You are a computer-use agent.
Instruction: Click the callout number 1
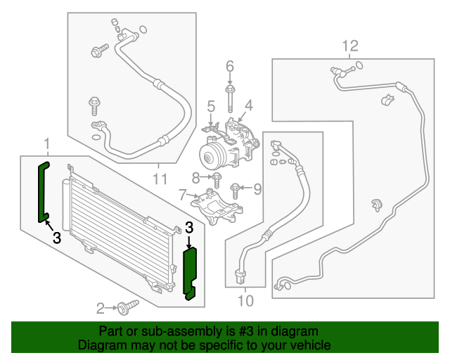[x=47, y=146]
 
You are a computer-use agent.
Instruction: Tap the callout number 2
[x=101, y=307]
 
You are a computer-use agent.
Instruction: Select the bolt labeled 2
[x=127, y=307]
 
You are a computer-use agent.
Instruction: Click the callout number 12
[x=349, y=46]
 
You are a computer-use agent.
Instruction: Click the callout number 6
[x=229, y=67]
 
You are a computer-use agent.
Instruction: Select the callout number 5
[x=210, y=107]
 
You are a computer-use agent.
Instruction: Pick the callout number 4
[x=247, y=107]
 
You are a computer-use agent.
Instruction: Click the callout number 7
[x=182, y=194]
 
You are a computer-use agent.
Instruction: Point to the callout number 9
[x=257, y=188]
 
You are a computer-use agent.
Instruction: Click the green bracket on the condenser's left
[x=43, y=191]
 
